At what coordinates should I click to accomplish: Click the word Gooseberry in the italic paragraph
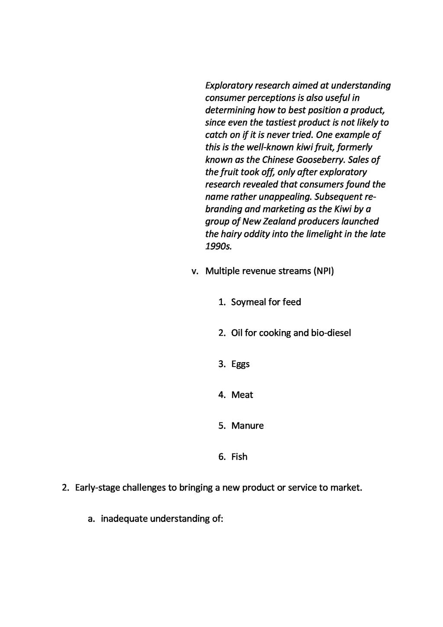click(321, 160)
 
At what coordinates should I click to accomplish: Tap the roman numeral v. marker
click(195, 271)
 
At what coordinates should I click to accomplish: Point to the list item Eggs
click(241, 364)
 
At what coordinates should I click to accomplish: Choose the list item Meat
click(242, 395)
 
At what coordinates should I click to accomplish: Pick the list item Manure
click(247, 426)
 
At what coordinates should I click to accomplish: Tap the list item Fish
click(239, 457)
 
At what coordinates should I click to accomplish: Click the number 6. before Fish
click(222, 457)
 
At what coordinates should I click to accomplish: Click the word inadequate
click(124, 518)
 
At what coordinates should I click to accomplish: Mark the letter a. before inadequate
click(91, 518)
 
